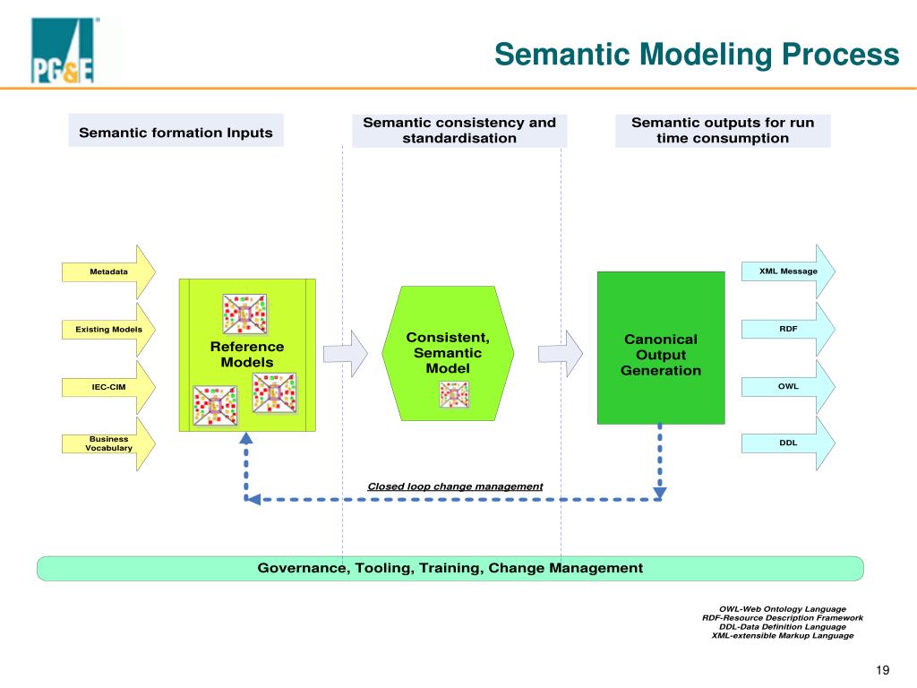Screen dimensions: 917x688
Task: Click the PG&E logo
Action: (63, 50)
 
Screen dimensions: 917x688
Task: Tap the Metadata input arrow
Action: (108, 272)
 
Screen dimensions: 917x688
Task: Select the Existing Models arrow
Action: (108, 330)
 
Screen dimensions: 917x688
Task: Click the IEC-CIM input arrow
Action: (108, 387)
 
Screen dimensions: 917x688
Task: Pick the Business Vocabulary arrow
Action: (108, 443)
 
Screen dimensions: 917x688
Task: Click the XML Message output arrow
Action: (788, 271)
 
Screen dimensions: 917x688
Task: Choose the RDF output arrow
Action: (788, 329)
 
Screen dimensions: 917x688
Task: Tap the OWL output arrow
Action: (788, 386)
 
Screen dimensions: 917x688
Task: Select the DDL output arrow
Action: (788, 443)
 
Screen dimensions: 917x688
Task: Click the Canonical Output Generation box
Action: (661, 348)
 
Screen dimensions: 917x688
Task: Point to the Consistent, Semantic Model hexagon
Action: (448, 353)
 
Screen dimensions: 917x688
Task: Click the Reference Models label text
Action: (247, 355)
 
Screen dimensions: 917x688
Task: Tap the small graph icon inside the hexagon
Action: (454, 394)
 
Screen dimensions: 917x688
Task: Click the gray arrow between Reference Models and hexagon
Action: (346, 353)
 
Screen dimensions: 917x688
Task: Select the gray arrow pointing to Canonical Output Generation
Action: (561, 353)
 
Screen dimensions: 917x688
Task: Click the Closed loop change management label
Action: (455, 486)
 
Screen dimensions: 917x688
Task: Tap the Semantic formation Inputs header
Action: (176, 133)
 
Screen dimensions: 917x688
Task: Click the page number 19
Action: (882, 670)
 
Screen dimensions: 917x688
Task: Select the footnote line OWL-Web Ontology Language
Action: (783, 609)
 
